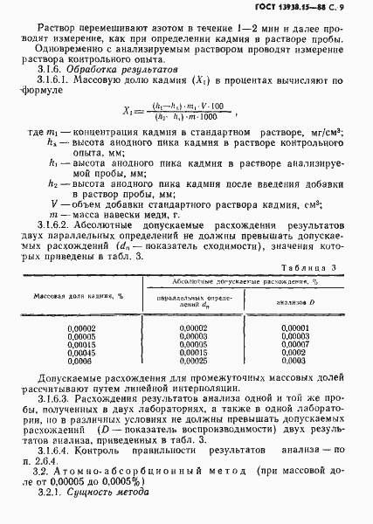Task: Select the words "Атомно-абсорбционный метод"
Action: tap(134, 473)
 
